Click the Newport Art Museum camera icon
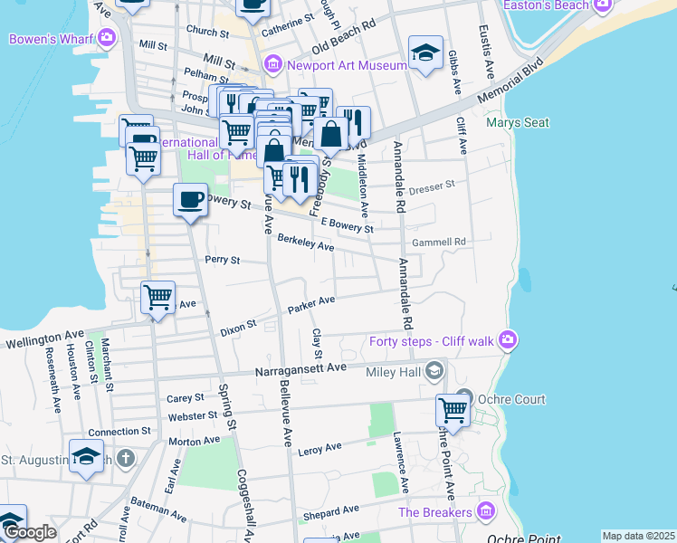coord(272,65)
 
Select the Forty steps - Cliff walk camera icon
coord(508,340)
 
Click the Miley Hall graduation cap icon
coord(435,371)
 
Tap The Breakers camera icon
coord(487,512)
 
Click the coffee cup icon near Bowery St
coord(190,199)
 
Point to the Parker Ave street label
coord(311,305)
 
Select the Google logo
coord(29,532)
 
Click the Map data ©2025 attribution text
coord(637,536)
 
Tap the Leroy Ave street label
coord(319,447)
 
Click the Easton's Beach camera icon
coord(601,5)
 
